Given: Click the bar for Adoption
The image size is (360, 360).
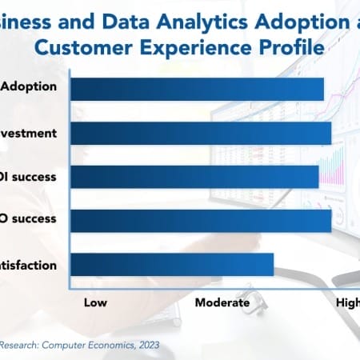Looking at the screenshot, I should tap(197, 89).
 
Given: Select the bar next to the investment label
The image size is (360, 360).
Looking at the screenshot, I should tap(200, 133).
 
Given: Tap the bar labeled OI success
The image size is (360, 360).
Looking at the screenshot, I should tap(194, 177).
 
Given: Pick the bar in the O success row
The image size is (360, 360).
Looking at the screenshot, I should tap(200, 221).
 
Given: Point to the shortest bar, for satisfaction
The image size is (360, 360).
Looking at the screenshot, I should tap(172, 265).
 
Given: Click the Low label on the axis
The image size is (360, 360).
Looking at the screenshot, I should tap(97, 302).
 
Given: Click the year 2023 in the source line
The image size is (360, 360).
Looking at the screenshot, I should tap(146, 345).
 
